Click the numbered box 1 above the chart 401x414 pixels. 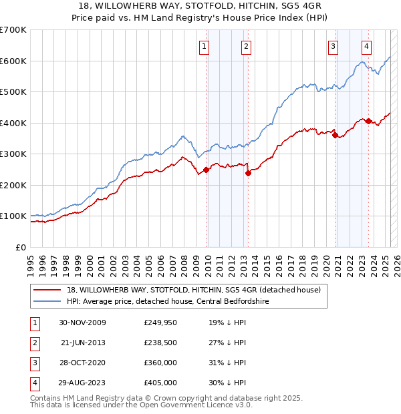203,46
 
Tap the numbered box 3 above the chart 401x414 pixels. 332,46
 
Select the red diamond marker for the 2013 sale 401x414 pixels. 248,173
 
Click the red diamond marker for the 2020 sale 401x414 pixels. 335,135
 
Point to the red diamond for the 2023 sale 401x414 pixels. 368,121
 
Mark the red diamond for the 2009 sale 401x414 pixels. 207,170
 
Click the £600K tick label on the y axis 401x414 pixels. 13,61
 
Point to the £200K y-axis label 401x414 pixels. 13,185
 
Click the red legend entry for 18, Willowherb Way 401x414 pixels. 194,290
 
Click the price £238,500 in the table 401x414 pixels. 160,343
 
